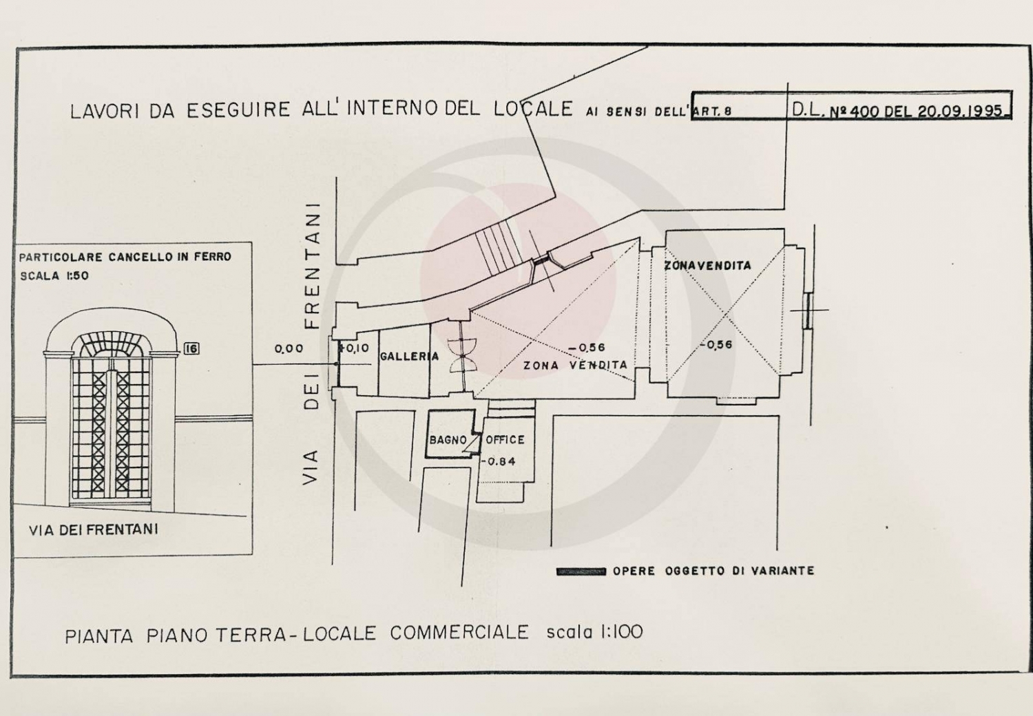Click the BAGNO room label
(448, 441)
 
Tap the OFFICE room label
(505, 440)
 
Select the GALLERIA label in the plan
(410, 357)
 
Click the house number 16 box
(191, 348)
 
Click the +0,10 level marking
(354, 348)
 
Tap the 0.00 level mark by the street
(289, 348)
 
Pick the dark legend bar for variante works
(581, 571)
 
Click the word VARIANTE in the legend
(782, 571)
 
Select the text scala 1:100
(594, 631)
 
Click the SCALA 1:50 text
(54, 275)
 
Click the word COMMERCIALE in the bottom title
(459, 633)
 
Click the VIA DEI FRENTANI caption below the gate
(94, 529)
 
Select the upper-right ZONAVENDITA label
(707, 266)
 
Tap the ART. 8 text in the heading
(712, 111)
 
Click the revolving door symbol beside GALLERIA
(461, 355)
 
